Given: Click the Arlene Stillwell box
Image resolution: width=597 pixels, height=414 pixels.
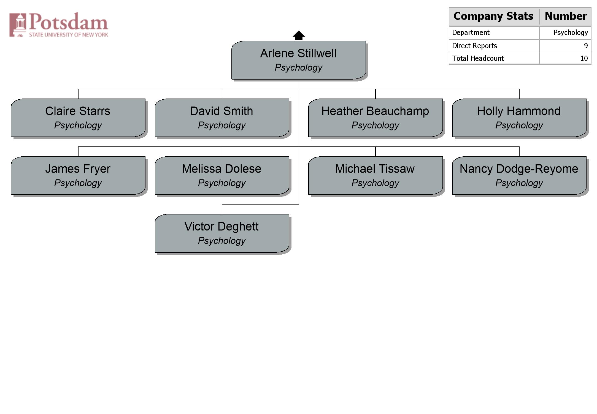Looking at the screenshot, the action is [299, 60].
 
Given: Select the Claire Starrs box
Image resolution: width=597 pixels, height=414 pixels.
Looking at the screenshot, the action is [78, 118].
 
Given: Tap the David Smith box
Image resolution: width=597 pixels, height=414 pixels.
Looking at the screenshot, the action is [222, 118].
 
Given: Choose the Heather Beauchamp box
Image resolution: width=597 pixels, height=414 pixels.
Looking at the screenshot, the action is [375, 118].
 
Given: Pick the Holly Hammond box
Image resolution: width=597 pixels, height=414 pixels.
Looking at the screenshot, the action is [519, 118].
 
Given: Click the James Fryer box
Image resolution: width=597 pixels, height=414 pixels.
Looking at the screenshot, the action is [78, 176].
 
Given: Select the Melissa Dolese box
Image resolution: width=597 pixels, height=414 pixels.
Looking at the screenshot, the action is [222, 176].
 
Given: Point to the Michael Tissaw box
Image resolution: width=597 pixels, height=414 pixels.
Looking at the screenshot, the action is [375, 176].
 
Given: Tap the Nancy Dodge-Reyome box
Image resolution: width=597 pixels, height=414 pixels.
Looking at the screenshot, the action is [519, 176].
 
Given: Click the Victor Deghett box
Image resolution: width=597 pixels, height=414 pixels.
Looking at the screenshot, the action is [222, 233].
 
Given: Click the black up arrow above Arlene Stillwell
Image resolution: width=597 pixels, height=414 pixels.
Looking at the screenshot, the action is [299, 35].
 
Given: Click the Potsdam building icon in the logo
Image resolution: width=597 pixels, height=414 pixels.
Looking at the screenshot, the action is [18, 25].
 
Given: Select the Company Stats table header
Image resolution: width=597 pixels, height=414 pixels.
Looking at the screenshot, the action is [493, 16].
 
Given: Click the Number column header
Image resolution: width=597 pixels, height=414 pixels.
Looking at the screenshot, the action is [566, 16].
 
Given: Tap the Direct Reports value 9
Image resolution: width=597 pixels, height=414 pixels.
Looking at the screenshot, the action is [586, 46].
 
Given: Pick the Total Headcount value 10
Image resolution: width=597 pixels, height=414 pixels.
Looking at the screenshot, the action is [584, 58].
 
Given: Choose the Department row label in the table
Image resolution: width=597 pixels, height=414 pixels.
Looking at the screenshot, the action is [471, 32].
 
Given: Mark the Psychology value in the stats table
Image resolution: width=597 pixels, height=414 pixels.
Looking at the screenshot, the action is [571, 33].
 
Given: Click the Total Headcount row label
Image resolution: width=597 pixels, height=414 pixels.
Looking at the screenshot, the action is [478, 58].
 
